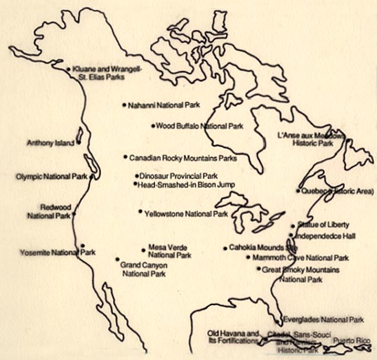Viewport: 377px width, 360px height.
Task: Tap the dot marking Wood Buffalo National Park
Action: tap(152, 126)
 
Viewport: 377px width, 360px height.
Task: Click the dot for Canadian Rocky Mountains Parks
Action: tap(126, 157)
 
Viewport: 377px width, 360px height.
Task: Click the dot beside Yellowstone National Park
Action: tap(140, 211)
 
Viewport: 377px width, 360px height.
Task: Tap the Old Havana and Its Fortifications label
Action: tap(234, 337)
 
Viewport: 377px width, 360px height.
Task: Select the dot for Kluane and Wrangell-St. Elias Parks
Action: tap(68, 69)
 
